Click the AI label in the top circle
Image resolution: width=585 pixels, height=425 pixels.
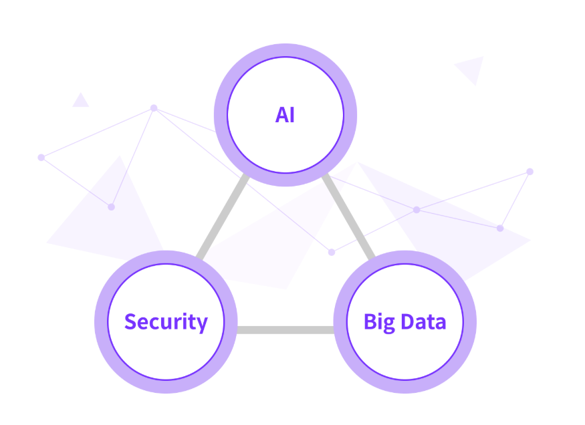click(x=285, y=115)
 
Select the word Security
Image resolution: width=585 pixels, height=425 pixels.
click(x=166, y=322)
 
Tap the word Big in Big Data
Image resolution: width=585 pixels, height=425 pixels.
click(x=378, y=323)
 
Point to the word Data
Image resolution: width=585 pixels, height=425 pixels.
click(x=424, y=322)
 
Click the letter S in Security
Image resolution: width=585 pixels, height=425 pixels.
click(x=131, y=322)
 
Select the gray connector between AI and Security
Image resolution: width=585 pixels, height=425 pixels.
click(x=222, y=217)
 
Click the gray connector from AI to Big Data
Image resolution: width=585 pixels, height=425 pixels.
click(x=348, y=217)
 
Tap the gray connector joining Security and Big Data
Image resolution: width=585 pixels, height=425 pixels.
click(x=285, y=329)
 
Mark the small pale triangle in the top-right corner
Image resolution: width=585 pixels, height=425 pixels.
click(x=471, y=68)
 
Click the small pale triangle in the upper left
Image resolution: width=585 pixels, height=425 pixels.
click(x=81, y=101)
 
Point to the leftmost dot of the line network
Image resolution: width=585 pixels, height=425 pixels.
click(x=41, y=158)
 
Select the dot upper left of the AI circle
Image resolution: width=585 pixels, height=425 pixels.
click(x=154, y=108)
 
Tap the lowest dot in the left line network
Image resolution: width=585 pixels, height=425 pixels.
click(x=112, y=207)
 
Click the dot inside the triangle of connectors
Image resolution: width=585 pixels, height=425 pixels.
click(x=332, y=252)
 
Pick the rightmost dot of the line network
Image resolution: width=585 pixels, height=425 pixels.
click(x=530, y=172)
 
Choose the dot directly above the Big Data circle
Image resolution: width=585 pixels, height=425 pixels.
click(x=417, y=210)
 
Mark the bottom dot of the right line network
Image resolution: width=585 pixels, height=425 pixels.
click(x=500, y=229)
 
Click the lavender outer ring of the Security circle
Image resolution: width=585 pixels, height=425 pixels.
click(x=101, y=322)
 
